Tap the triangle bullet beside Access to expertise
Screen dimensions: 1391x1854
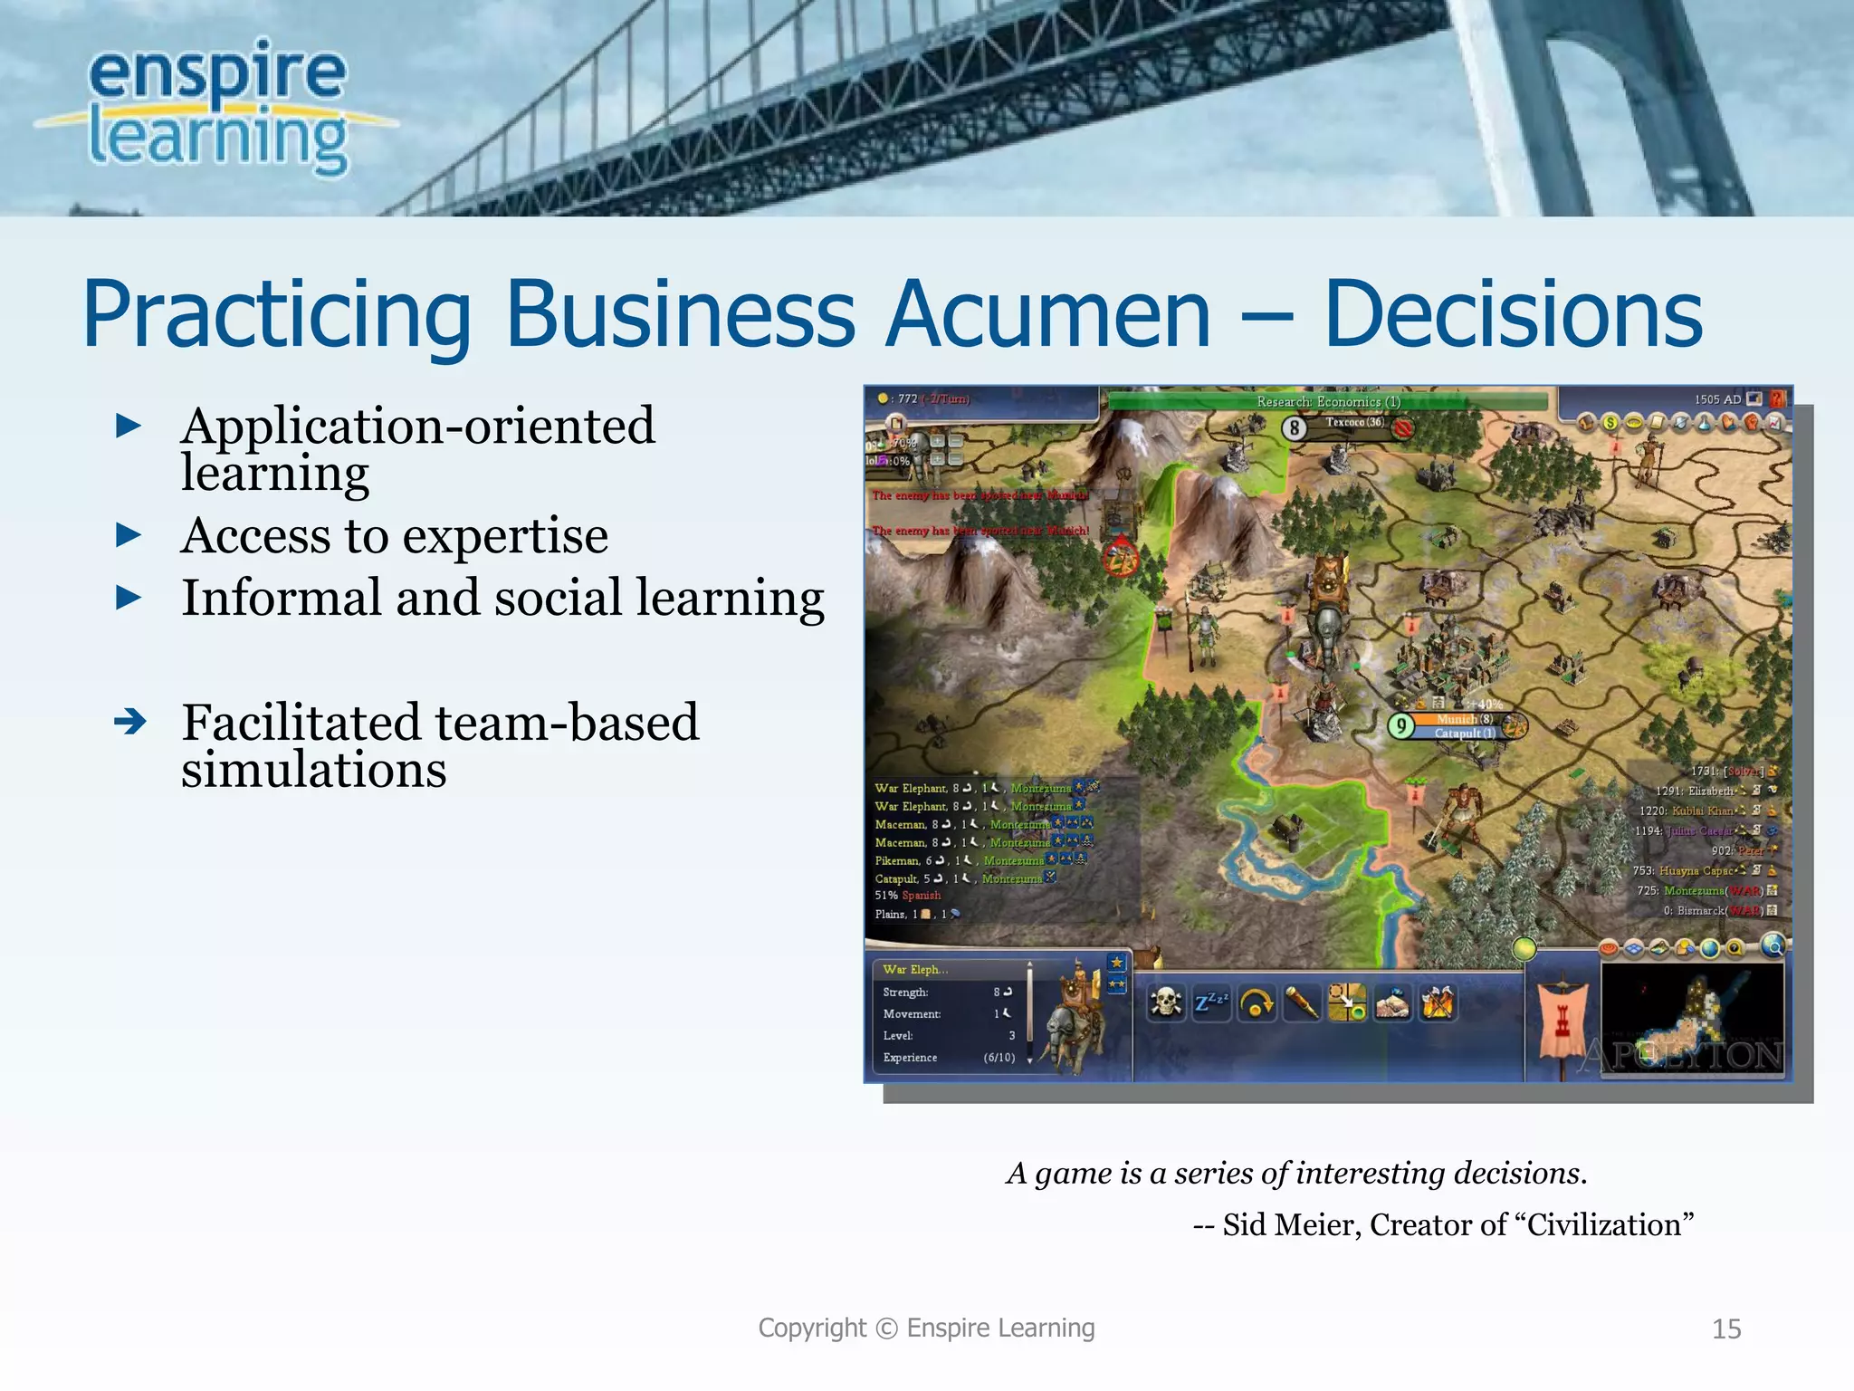coord(129,535)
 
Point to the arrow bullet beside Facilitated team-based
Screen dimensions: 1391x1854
coord(130,722)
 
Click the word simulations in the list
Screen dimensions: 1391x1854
coord(313,770)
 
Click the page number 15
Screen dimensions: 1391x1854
coord(1726,1329)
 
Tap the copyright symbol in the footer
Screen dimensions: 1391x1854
coord(886,1329)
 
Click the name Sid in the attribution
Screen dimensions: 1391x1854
coord(1244,1224)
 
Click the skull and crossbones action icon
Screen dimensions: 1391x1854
coord(1165,1002)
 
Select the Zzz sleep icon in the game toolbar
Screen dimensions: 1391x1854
coord(1210,1002)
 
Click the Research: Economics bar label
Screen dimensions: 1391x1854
coord(1328,401)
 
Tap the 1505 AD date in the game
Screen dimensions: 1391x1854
coord(1717,399)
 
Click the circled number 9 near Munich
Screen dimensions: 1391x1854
coord(1401,725)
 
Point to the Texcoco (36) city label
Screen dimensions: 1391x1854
coord(1354,422)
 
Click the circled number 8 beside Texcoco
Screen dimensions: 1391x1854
coord(1295,427)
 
